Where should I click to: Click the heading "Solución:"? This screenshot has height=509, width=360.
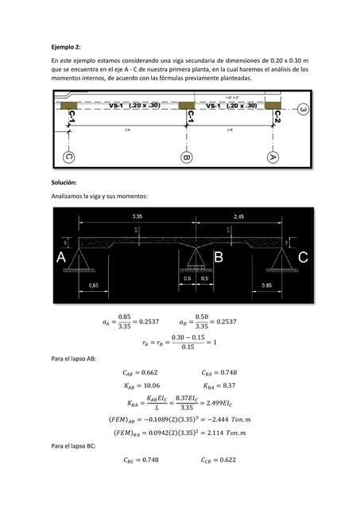[x=64, y=182]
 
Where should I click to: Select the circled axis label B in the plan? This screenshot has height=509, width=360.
[x=187, y=157]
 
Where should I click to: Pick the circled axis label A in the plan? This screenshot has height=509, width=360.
[x=273, y=157]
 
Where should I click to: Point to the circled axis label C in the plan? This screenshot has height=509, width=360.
[x=70, y=157]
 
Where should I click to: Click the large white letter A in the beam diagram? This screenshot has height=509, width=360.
[x=61, y=258]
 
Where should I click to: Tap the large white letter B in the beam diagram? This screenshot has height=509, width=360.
[x=218, y=258]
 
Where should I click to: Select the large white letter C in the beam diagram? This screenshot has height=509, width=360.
[x=303, y=258]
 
